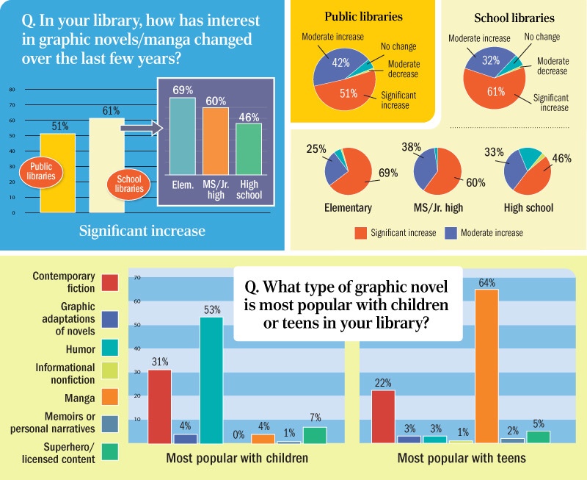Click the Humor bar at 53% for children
211,380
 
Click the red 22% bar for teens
384,416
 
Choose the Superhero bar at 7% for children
315,435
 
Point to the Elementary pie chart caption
348,208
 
